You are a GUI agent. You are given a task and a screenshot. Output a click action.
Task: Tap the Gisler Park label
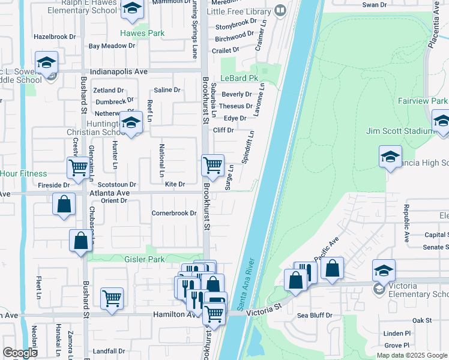127,259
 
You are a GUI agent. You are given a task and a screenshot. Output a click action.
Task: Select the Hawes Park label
142,34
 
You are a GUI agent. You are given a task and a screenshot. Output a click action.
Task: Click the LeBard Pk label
239,79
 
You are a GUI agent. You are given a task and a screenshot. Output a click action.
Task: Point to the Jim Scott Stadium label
398,131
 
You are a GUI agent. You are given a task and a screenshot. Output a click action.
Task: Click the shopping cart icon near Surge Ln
212,165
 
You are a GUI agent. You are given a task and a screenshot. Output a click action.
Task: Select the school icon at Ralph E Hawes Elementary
131,8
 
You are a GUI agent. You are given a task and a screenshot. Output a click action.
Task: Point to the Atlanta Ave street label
110,193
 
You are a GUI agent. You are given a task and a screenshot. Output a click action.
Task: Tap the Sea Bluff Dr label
315,314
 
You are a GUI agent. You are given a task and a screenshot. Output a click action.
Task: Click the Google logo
20,353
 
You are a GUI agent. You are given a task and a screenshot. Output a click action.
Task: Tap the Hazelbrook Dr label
55,37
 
